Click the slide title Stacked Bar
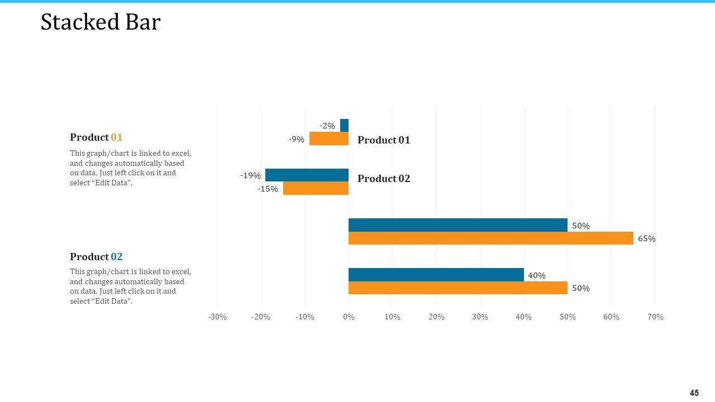click(x=101, y=22)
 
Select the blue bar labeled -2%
click(x=344, y=126)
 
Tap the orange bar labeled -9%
click(x=329, y=138)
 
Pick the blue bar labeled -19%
click(x=307, y=175)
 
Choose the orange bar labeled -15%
click(x=316, y=188)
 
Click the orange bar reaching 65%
click(x=490, y=238)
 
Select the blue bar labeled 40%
click(x=436, y=275)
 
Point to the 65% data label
click(x=646, y=238)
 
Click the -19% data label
click(x=250, y=175)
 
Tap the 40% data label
click(x=536, y=275)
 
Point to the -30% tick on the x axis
click(x=217, y=317)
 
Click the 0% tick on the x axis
click(x=349, y=317)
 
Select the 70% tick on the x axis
click(x=655, y=317)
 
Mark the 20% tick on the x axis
click(x=436, y=317)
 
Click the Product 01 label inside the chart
click(x=384, y=140)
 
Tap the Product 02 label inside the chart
click(x=384, y=179)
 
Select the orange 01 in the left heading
click(x=116, y=137)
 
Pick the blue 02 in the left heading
click(x=116, y=257)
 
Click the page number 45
click(x=694, y=393)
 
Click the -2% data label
click(x=327, y=126)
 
